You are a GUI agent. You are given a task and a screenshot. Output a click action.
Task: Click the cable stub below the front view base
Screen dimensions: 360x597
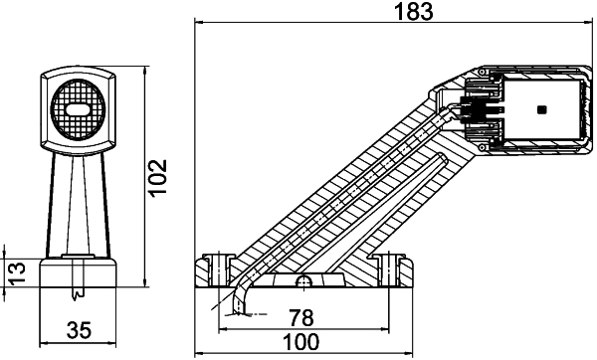(77, 294)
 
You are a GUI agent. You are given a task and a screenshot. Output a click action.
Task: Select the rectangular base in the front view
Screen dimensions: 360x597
(77, 273)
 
